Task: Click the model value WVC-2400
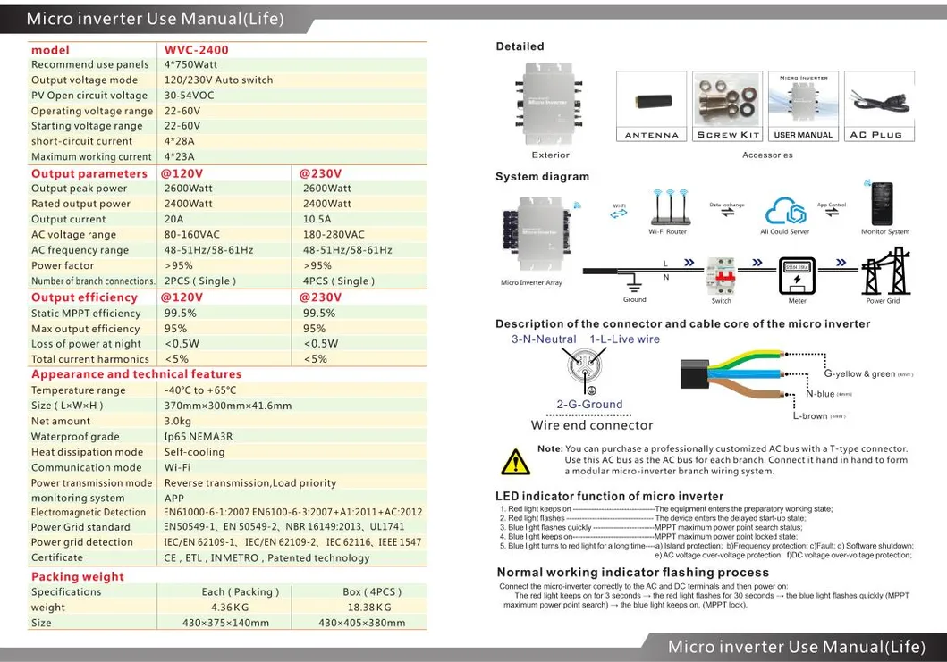196,50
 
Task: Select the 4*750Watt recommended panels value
190,64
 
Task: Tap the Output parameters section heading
89,173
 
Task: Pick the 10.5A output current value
317,219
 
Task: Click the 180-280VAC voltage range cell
334,235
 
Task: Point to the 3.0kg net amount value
178,421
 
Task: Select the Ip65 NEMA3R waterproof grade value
198,437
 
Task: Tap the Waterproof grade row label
75,437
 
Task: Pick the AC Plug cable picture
875,99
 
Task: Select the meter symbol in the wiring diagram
797,276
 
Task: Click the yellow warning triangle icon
515,461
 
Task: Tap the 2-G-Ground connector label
589,404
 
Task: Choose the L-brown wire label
811,416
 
